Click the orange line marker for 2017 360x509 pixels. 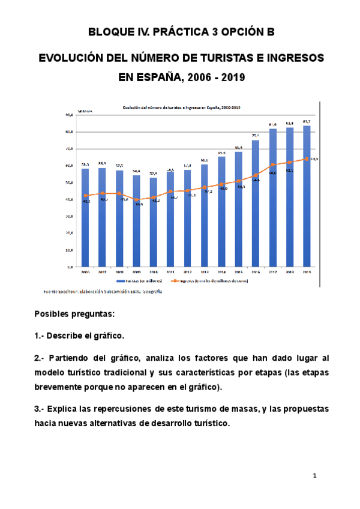click(272, 164)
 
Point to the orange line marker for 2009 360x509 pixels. click(136, 199)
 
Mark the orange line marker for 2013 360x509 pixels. click(204, 188)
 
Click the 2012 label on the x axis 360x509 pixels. click(187, 271)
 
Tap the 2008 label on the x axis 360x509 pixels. click(119, 271)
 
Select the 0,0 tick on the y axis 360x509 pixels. click(70, 267)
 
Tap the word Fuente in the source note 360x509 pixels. click(52, 292)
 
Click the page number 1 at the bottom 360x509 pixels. click(314, 476)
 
